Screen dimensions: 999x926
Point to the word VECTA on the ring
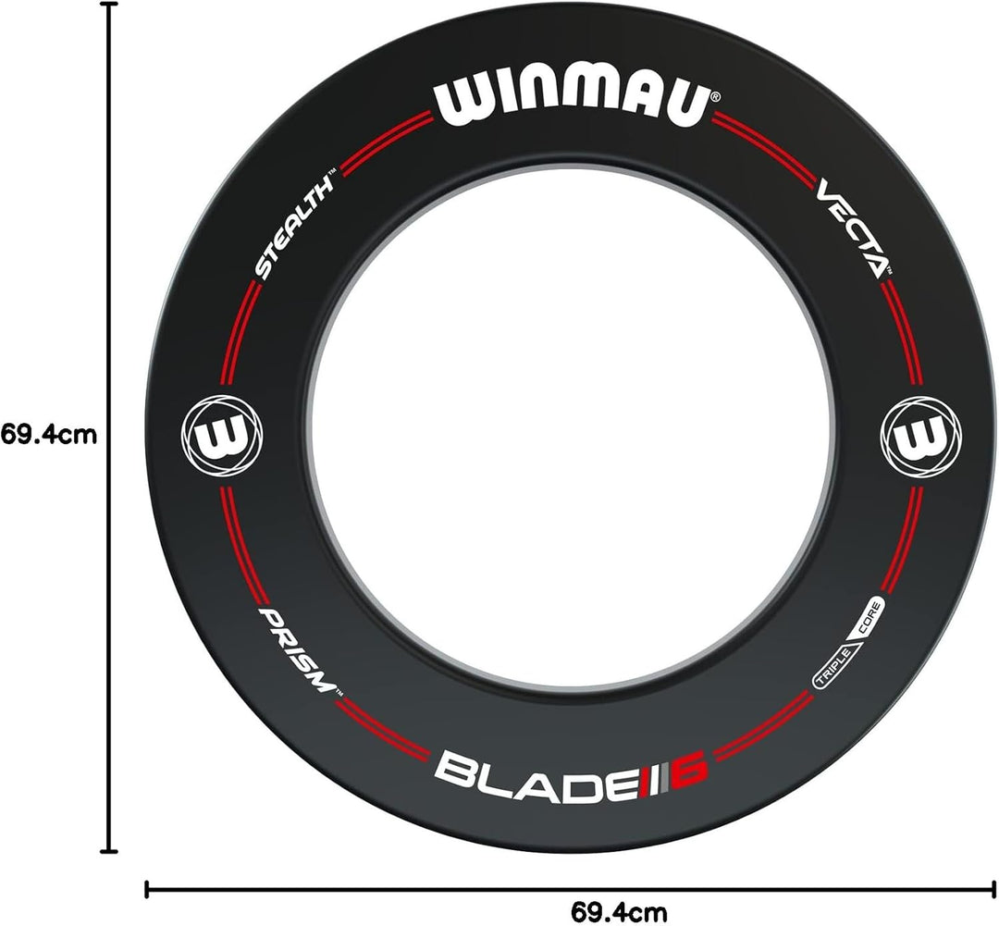[x=851, y=228]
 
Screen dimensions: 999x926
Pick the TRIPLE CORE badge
[x=848, y=644]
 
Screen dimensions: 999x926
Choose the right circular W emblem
[x=920, y=437]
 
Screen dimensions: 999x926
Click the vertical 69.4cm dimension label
[x=49, y=435]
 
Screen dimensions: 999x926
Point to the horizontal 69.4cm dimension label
[x=619, y=912]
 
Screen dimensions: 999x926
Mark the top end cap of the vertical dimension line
[x=110, y=4]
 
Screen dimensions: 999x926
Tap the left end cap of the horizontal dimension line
[x=147, y=889]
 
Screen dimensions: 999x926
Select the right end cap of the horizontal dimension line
[x=993, y=889]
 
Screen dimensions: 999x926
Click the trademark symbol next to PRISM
[x=339, y=693]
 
